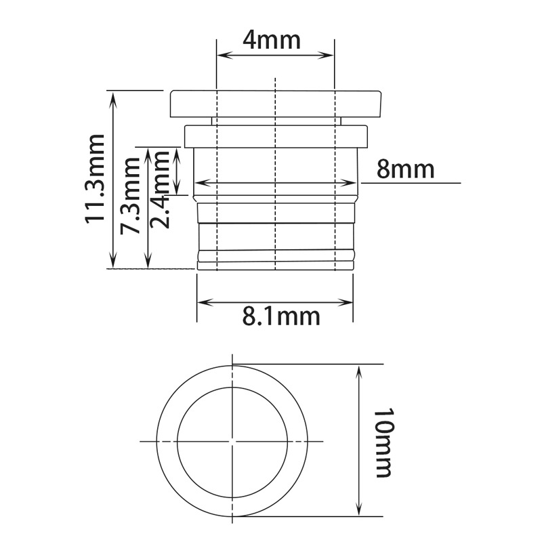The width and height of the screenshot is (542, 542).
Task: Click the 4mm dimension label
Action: coord(271,40)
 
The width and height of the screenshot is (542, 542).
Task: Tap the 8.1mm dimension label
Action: coord(281,315)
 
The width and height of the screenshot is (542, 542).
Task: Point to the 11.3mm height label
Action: coord(95,178)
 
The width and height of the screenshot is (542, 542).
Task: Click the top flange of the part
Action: coord(275,103)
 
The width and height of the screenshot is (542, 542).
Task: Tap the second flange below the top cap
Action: coord(276,135)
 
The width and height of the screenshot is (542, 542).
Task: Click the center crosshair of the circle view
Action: coord(232,441)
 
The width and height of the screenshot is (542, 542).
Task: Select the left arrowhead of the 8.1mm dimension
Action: coord(201,301)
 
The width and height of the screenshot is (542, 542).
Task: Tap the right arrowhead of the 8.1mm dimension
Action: coord(349,301)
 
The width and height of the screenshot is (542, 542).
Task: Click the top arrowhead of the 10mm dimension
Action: coord(359,369)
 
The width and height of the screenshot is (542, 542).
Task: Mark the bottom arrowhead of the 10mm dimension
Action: coord(359,513)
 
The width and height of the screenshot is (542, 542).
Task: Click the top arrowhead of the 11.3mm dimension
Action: coord(113,95)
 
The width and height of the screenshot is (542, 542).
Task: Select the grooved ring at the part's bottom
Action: coord(275,257)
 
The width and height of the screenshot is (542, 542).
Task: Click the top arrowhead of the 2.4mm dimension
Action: coord(178,153)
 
